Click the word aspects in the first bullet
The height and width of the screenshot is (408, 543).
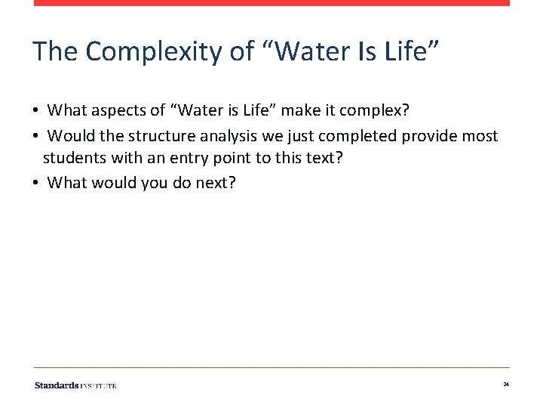(x=119, y=111)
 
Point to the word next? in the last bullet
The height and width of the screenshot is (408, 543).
(x=215, y=182)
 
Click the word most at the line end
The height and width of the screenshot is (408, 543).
(x=482, y=136)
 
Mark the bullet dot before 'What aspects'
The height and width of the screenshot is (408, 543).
(x=36, y=111)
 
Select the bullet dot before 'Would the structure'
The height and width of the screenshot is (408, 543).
(x=36, y=136)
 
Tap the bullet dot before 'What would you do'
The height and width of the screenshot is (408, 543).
(x=36, y=182)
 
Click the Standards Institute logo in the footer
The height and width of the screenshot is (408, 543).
(x=75, y=385)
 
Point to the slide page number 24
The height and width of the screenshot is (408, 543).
(x=506, y=385)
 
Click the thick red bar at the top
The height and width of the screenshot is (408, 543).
(x=271, y=3)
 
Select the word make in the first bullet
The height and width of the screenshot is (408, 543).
(x=302, y=111)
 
